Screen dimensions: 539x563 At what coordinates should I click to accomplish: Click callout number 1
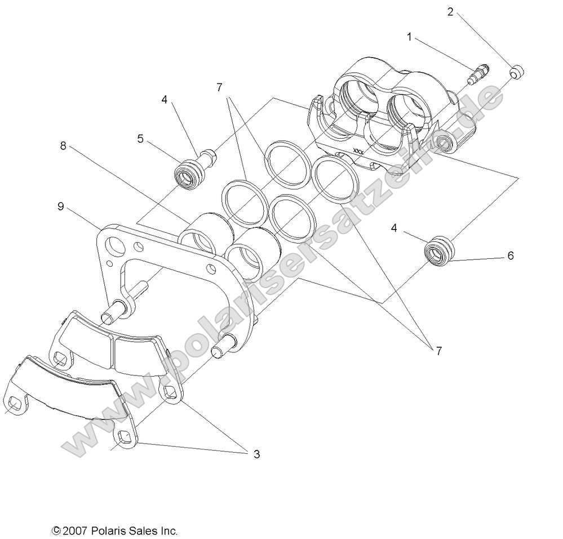410,37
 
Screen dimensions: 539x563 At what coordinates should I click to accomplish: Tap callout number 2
450,11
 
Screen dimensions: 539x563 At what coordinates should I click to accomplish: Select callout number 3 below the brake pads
256,454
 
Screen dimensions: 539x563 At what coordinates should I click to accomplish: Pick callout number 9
60,206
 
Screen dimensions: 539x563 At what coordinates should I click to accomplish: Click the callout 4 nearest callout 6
410,228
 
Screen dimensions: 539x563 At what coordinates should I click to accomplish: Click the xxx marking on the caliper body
357,151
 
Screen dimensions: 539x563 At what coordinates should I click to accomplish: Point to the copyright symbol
56,531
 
